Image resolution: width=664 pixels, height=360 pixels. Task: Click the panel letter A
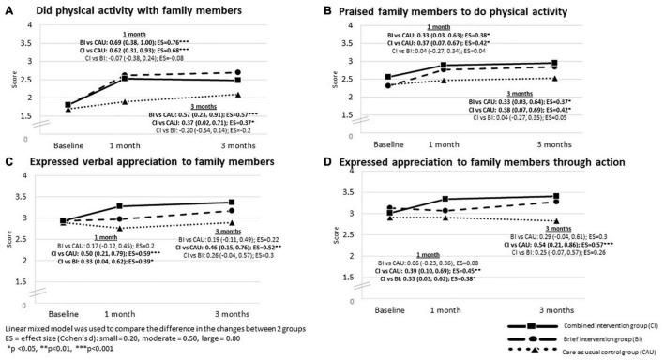coord(8,9)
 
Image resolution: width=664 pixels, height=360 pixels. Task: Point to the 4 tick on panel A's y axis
coord(36,24)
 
